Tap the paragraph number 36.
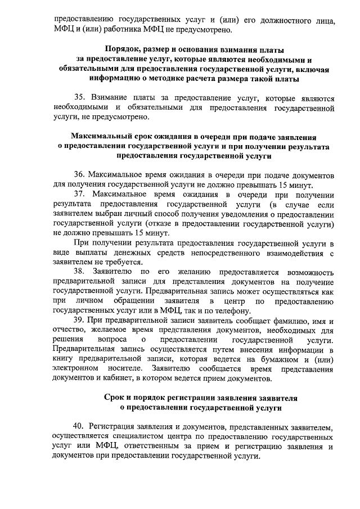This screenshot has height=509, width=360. pos(80,174)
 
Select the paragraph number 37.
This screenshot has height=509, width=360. pos(80,194)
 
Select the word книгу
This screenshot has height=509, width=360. pos(62,359)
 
